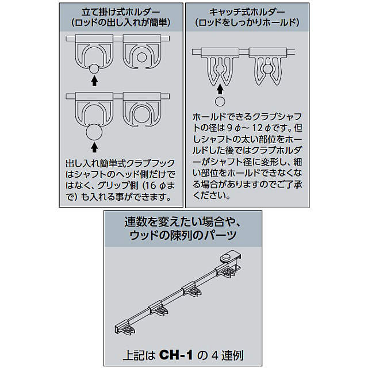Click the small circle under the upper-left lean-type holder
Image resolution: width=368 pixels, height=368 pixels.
click(94, 70)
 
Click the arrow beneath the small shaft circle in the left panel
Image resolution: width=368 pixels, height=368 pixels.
click(94, 82)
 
